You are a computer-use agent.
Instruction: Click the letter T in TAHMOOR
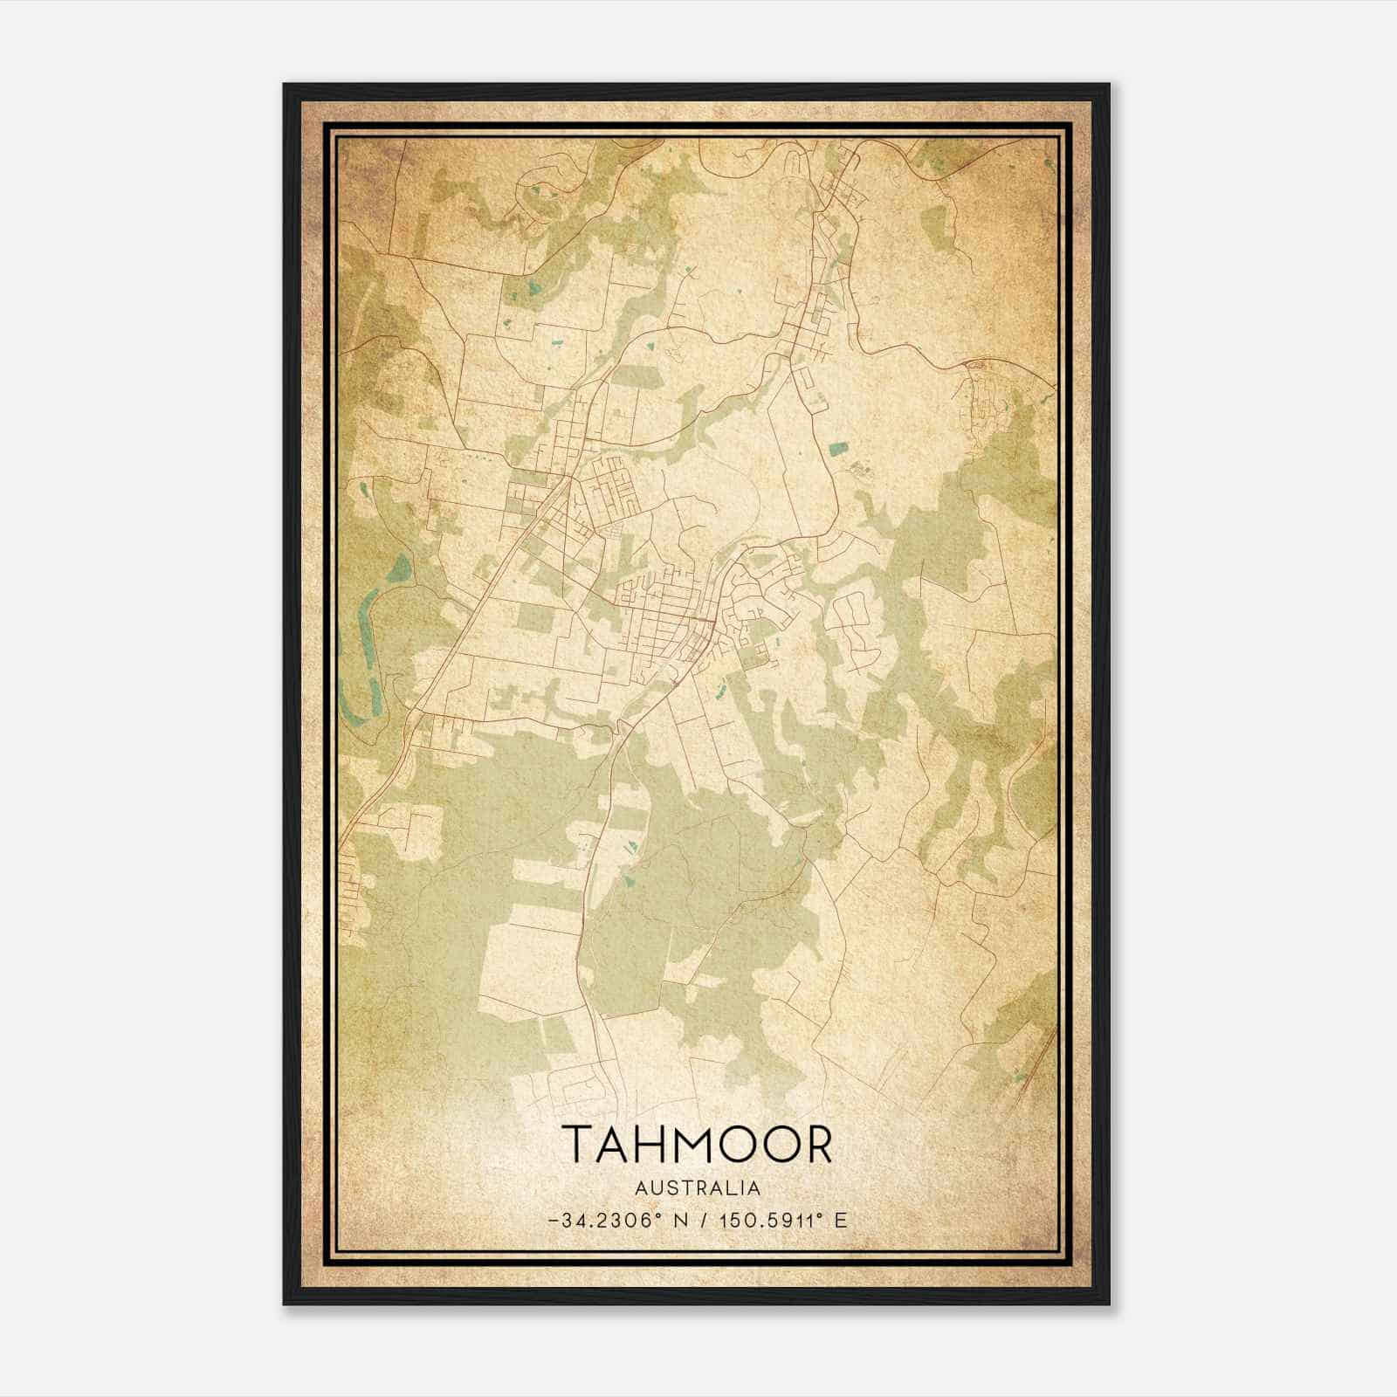click(581, 1145)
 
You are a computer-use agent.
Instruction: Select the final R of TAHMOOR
click(816, 1145)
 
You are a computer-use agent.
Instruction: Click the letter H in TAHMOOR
click(652, 1145)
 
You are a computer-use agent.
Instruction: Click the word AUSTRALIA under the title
click(698, 1188)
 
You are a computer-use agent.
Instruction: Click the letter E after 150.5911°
click(841, 1220)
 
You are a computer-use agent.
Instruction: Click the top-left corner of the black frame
click(286, 86)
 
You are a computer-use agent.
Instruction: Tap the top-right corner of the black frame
click(1108, 86)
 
